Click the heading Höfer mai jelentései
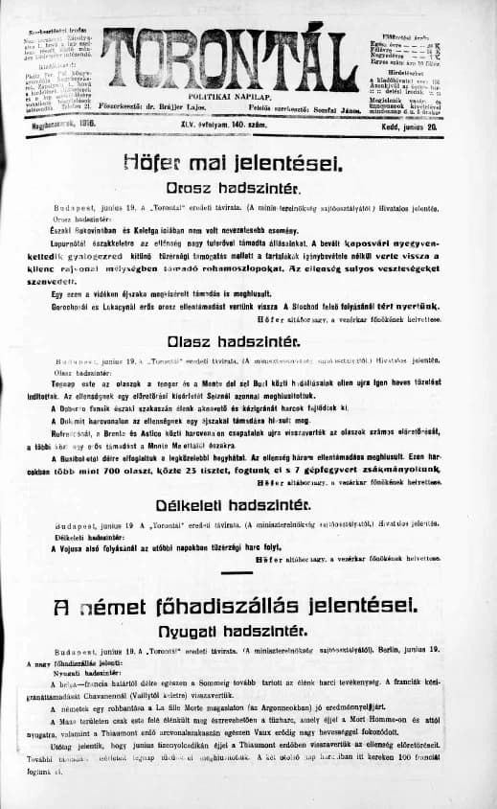tap(248, 165)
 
